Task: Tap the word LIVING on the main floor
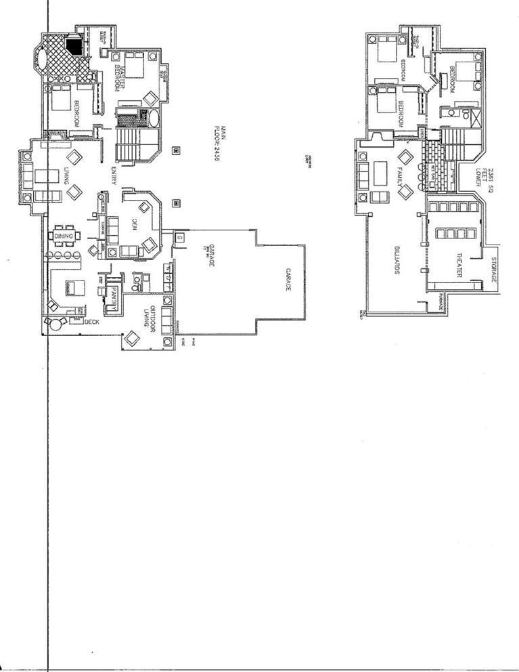(x=65, y=173)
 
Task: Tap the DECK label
(x=91, y=322)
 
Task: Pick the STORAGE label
(x=495, y=270)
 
